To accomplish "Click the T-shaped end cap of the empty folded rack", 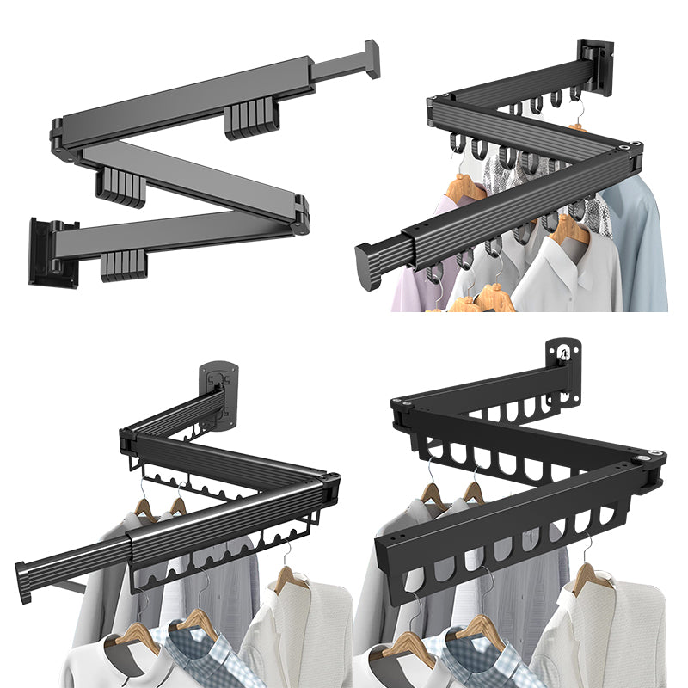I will click(x=371, y=59).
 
